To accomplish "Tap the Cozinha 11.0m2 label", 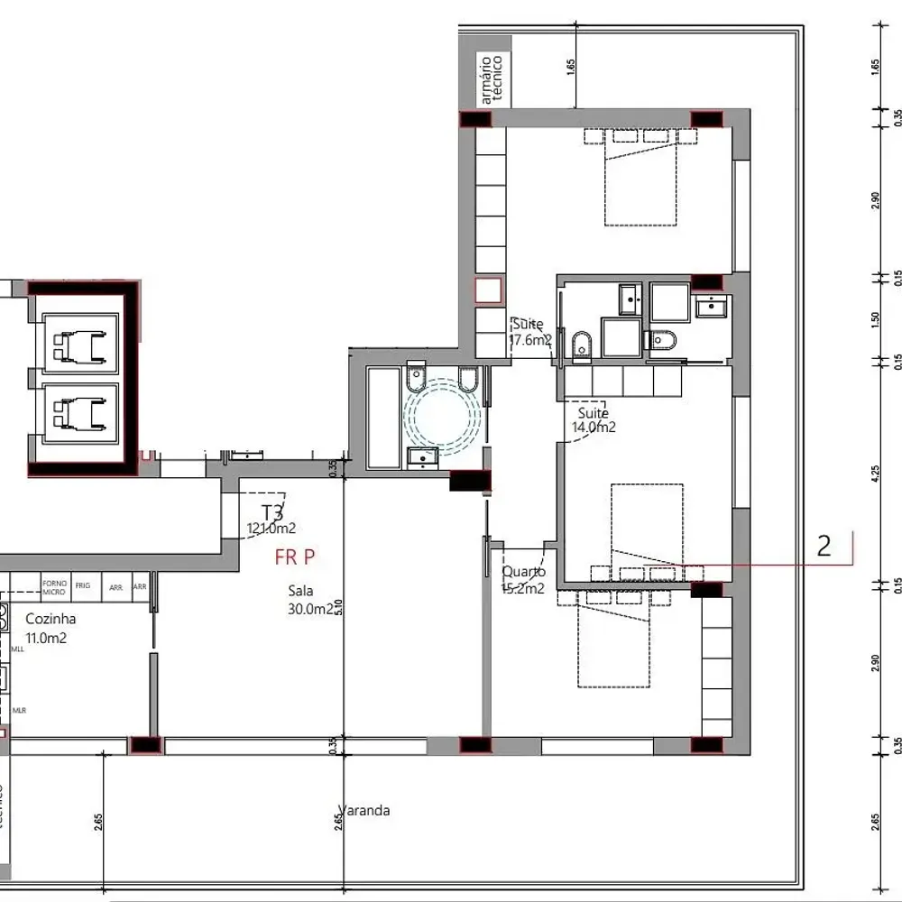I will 50,628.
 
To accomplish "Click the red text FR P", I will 294,557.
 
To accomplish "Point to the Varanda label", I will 364,810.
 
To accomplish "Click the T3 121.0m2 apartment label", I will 272,520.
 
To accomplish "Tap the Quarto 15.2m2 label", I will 523,580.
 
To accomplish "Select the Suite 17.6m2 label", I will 529,332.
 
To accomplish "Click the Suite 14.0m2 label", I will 594,420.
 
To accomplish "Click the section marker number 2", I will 823,546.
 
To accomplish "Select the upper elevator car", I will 76,344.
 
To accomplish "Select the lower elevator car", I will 76,414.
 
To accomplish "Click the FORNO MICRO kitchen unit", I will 54,588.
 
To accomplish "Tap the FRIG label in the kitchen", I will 83,585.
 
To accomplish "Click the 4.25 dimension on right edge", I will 875,474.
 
